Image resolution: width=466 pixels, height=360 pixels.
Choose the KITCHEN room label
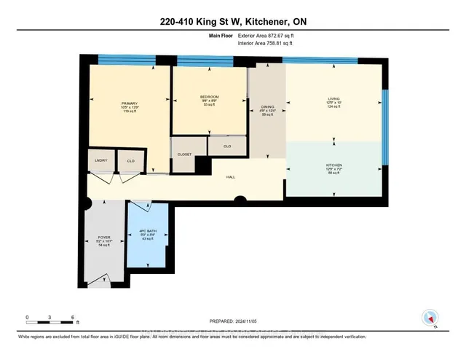coord(333,165)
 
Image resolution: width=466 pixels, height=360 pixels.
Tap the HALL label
coord(230,177)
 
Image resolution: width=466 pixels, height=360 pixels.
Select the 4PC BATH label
coord(148,232)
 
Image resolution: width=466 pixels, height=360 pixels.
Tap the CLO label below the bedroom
coord(227,146)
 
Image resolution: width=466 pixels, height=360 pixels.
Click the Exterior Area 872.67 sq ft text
coord(270,36)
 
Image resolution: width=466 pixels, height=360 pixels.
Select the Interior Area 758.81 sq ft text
coord(270,43)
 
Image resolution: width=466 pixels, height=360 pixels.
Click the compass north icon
coord(430,317)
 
